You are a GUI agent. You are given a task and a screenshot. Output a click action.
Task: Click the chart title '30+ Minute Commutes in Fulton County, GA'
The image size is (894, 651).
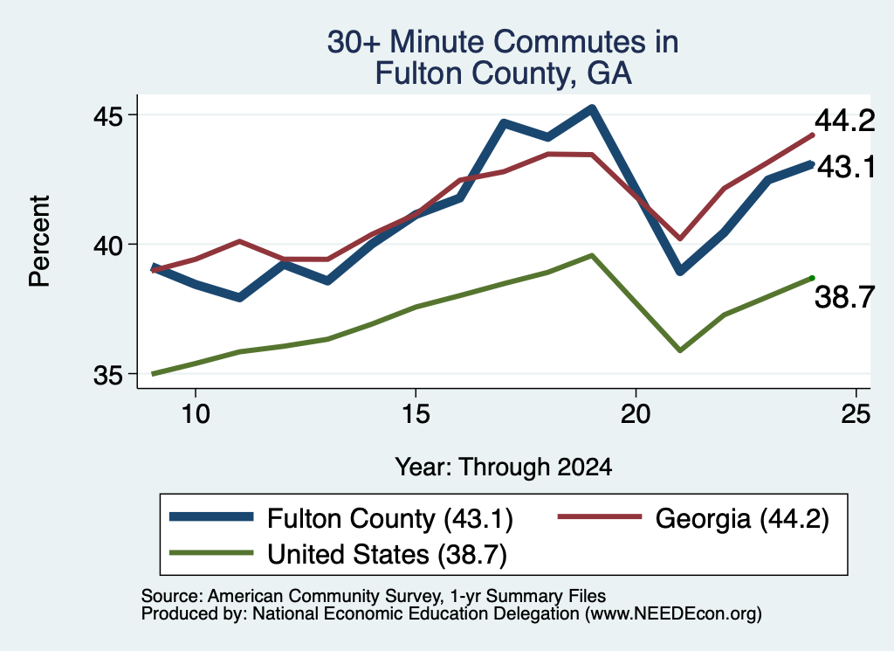pyautogui.click(x=503, y=58)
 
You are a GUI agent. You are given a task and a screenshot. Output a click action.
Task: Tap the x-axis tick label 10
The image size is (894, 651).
pyautogui.click(x=196, y=413)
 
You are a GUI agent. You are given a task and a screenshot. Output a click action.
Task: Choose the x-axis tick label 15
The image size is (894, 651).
pyautogui.click(x=416, y=413)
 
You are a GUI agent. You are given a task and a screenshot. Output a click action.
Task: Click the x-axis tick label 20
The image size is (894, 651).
pyautogui.click(x=636, y=413)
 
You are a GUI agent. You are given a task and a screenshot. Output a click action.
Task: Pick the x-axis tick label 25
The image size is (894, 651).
pyautogui.click(x=856, y=413)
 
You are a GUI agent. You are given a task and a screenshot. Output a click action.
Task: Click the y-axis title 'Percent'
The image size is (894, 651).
pyautogui.click(x=40, y=241)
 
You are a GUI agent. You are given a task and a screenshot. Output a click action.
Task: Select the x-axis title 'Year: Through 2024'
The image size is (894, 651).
pyautogui.click(x=504, y=467)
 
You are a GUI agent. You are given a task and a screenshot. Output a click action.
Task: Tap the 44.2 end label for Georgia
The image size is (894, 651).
pyautogui.click(x=844, y=121)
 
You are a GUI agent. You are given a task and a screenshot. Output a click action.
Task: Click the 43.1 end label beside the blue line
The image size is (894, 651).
pyautogui.click(x=846, y=168)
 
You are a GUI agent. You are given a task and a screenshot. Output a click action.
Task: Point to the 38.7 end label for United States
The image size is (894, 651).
pyautogui.click(x=844, y=297)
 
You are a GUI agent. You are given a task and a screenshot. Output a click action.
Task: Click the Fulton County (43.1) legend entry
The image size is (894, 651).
pyautogui.click(x=342, y=519)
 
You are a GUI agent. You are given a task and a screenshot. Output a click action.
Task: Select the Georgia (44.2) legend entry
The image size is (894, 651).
pyautogui.click(x=692, y=519)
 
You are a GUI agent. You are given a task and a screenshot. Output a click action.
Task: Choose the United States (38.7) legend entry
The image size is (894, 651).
pyautogui.click(x=339, y=554)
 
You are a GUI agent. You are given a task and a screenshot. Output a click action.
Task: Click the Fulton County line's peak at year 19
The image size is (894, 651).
pyautogui.click(x=592, y=108)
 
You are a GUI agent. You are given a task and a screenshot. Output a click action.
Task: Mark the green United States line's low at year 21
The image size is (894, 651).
pyautogui.click(x=679, y=350)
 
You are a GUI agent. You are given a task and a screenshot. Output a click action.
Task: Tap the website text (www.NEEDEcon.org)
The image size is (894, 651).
pyautogui.click(x=673, y=614)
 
